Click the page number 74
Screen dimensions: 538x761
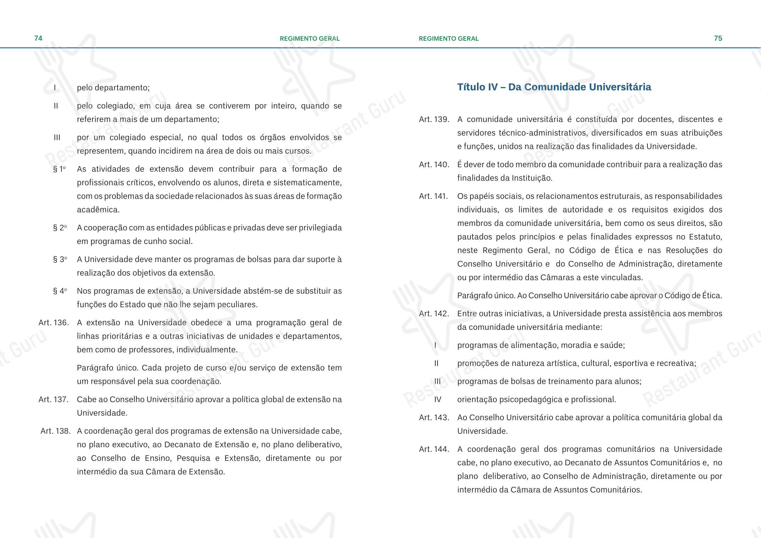(38, 38)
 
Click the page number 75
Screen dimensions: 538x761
(718, 38)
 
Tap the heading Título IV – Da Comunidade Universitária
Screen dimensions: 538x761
(554, 87)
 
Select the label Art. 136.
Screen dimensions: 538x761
(54, 323)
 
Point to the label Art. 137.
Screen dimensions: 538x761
(54, 399)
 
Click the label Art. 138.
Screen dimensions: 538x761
(55, 431)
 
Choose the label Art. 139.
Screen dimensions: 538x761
(434, 119)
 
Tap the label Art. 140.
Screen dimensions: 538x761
(434, 165)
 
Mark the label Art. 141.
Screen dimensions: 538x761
(433, 196)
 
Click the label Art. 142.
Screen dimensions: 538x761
(434, 314)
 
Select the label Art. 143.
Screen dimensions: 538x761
(434, 417)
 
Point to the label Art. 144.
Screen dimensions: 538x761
(434, 449)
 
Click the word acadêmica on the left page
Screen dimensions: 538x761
(98, 210)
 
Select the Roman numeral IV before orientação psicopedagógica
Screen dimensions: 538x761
(438, 399)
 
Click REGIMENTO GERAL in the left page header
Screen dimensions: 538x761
(309, 39)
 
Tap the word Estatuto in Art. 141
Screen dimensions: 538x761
(705, 237)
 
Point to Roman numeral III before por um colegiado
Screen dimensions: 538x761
(57, 138)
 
